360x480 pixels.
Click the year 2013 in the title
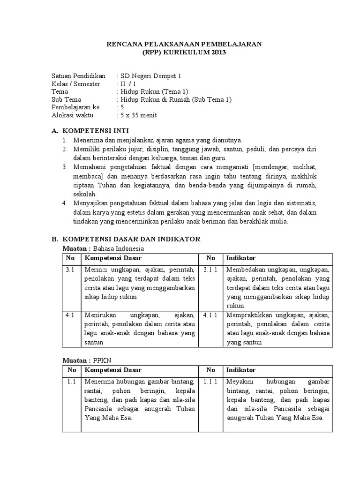pyautogui.click(x=217, y=52)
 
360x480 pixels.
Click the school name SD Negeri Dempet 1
pyautogui.click(x=147, y=75)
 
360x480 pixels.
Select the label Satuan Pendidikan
pyautogui.click(x=79, y=75)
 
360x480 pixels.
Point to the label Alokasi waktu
pyautogui.click(x=73, y=115)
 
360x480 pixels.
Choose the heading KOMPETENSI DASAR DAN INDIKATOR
pyautogui.click(x=132, y=239)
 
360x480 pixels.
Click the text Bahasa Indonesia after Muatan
pyautogui.click(x=119, y=248)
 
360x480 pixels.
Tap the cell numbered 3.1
pyautogui.click(x=70, y=270)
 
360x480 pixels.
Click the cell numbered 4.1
pyautogui.click(x=70, y=315)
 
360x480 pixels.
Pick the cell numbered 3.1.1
pyautogui.click(x=210, y=270)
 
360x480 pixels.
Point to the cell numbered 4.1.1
pyautogui.click(x=210, y=315)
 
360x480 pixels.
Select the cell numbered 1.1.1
pyautogui.click(x=210, y=382)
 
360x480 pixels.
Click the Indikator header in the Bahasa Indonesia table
pyautogui.click(x=240, y=258)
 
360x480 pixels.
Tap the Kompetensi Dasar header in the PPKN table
pyautogui.click(x=112, y=370)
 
